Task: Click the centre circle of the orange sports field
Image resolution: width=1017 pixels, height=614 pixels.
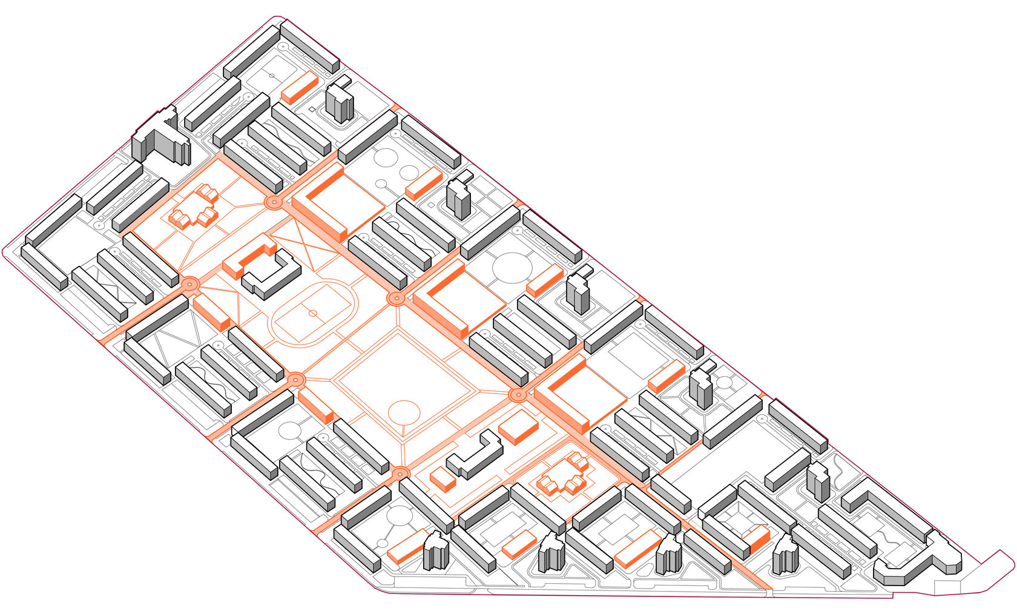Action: coord(313,313)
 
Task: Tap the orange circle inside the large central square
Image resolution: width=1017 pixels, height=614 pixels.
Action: coord(404,412)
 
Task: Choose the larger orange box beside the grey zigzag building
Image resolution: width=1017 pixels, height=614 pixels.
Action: coord(518,427)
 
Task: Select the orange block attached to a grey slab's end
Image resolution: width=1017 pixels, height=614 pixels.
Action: coord(757,539)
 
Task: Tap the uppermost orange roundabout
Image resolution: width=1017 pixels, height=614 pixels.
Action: coord(273,202)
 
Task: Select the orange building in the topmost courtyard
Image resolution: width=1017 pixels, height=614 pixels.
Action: coord(300,87)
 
